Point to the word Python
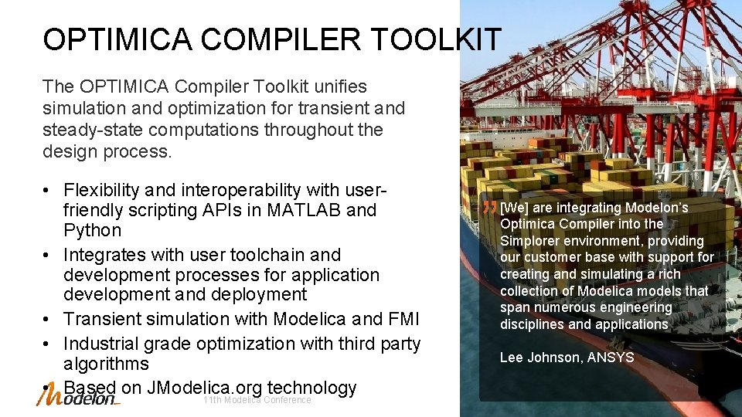click(93, 230)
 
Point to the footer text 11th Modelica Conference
click(257, 400)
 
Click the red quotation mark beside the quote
click(489, 208)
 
